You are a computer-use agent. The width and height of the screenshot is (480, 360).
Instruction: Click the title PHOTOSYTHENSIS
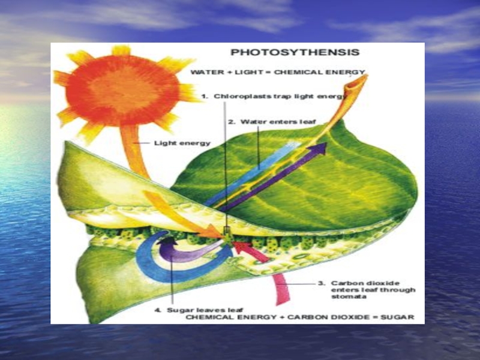(295, 52)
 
